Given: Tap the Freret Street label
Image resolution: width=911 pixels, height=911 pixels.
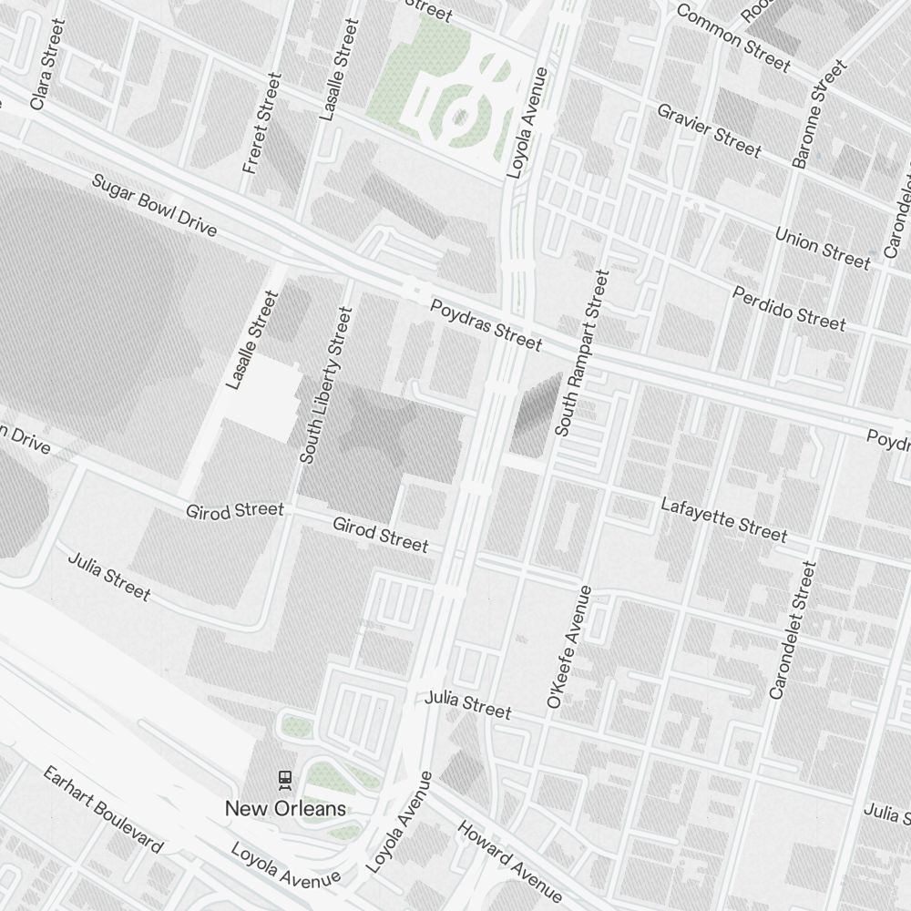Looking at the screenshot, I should (x=258, y=135).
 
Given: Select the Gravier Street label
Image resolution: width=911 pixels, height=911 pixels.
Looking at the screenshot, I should (x=709, y=128).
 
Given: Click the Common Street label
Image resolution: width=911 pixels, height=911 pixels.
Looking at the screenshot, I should (x=732, y=37).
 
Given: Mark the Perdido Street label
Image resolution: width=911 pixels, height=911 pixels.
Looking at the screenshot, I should (x=789, y=308).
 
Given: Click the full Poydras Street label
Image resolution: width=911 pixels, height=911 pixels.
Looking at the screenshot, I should (x=486, y=324).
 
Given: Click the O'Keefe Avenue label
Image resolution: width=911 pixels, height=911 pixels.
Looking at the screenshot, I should (x=569, y=647).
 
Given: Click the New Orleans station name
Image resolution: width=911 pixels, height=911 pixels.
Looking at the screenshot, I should (x=285, y=808).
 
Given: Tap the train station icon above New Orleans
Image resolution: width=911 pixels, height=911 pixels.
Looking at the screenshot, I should (x=285, y=779).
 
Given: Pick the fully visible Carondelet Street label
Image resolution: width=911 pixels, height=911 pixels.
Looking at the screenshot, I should (x=790, y=630).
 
